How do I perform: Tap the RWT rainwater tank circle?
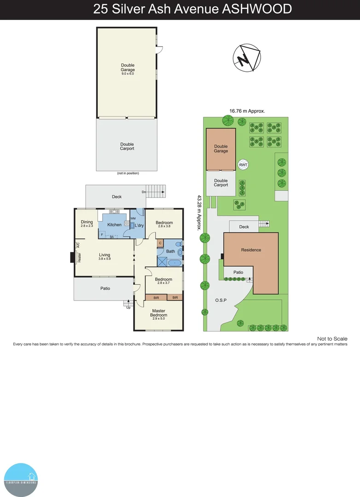[243, 165]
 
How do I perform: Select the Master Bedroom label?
[158, 314]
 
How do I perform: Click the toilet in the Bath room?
[180, 251]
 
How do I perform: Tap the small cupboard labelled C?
[160, 243]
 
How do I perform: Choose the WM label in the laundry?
[133, 218]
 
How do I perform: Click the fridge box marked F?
[102, 234]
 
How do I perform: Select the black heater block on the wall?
[72, 257]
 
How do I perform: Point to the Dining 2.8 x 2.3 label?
[87, 224]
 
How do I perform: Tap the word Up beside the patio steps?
[128, 307]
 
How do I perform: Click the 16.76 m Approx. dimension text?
[247, 110]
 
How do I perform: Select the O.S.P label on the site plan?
[221, 300]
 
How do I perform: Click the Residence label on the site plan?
[251, 250]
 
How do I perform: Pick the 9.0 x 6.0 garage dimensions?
[128, 74]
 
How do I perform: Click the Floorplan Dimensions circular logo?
[21, 480]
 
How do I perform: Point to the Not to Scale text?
[332, 339]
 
